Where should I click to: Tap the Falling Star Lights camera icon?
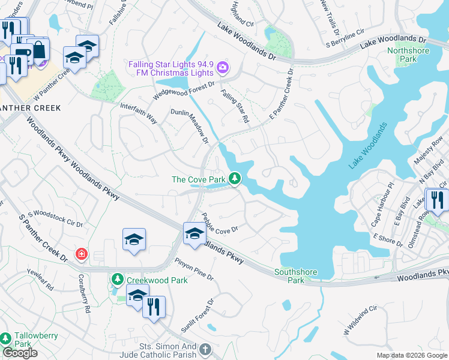click(x=223, y=67)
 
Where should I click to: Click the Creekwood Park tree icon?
click(x=116, y=279)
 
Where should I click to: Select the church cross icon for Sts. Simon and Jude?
click(x=205, y=350)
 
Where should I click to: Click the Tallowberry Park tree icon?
click(x=7, y=338)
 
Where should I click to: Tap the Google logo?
click(x=20, y=353)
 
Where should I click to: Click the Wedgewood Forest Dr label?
click(x=184, y=91)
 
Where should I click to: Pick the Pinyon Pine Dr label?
click(x=194, y=269)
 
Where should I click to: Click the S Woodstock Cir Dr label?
click(x=58, y=218)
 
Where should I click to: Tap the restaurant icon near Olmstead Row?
click(x=436, y=200)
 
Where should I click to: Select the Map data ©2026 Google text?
click(x=412, y=355)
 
